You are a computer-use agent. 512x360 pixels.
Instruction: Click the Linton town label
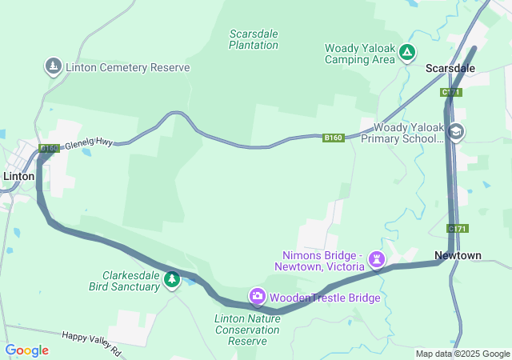click(x=19, y=176)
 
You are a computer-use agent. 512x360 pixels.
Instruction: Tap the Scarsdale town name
click(x=450, y=68)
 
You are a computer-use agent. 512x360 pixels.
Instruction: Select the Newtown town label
click(x=458, y=255)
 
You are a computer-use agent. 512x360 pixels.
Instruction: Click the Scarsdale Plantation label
click(x=254, y=39)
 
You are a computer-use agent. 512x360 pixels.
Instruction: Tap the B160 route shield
click(x=334, y=138)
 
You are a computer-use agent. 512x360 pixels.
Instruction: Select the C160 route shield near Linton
click(x=49, y=148)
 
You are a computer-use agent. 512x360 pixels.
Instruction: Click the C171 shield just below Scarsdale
click(x=451, y=94)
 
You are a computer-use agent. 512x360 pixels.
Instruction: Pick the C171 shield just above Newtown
click(x=458, y=229)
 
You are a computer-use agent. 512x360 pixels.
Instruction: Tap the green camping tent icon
click(x=407, y=53)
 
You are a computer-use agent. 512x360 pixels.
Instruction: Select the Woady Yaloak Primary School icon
click(x=456, y=132)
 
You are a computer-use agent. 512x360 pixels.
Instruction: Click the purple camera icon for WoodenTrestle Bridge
click(x=258, y=298)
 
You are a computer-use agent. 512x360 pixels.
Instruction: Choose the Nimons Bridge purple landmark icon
click(x=377, y=260)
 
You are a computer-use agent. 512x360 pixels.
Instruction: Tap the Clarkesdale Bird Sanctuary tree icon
click(x=171, y=279)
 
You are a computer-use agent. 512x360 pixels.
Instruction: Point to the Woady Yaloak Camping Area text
click(x=360, y=54)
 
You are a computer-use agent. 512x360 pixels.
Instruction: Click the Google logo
click(x=26, y=350)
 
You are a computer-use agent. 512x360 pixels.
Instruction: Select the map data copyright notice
click(x=463, y=354)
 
